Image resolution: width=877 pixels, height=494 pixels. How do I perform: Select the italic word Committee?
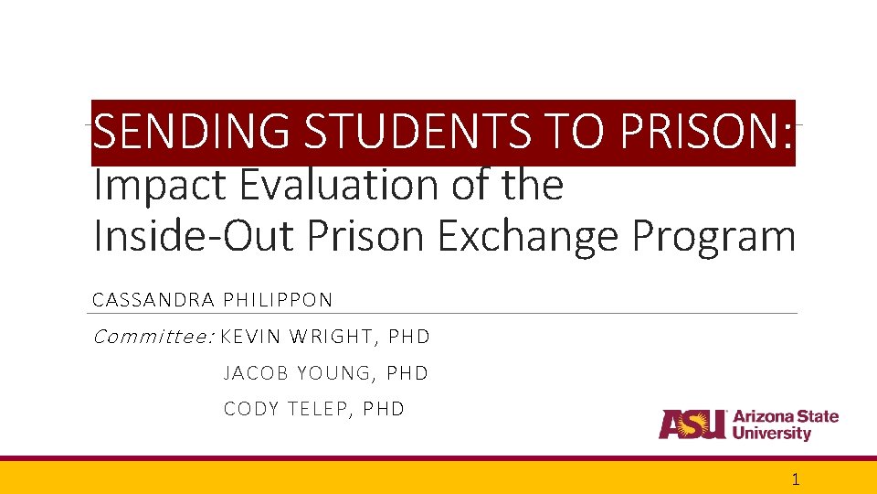click(153, 338)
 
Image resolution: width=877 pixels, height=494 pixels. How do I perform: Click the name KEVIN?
click(250, 338)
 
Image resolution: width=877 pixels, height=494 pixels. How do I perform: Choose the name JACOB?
click(256, 373)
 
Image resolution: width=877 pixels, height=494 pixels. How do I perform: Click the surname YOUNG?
click(334, 373)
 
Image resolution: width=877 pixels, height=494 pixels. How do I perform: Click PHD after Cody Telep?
click(384, 409)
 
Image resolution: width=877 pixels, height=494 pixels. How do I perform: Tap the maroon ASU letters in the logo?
click(692, 424)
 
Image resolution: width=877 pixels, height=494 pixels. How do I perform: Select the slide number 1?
click(796, 479)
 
